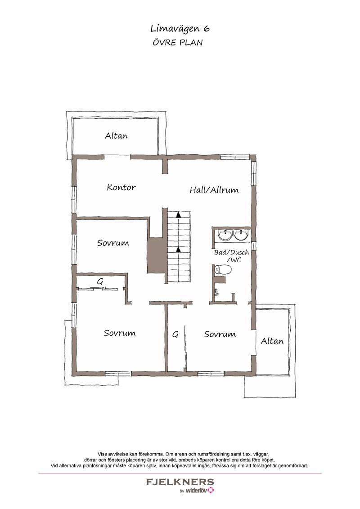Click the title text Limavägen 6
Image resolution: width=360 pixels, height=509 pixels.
coord(180,29)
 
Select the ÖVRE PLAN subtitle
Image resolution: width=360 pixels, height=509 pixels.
coord(177,42)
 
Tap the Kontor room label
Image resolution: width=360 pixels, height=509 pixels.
coord(121,188)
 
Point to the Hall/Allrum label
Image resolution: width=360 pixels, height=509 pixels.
coord(214,190)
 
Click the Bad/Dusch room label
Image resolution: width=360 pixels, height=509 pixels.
coord(231,253)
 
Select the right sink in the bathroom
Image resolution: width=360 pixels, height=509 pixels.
coord(242,235)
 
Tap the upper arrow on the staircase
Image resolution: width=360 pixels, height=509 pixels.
coord(178,214)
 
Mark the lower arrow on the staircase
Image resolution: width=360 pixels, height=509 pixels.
coord(178,250)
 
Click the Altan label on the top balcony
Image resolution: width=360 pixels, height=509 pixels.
coord(116,135)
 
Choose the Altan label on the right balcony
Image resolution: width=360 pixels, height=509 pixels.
coord(272,341)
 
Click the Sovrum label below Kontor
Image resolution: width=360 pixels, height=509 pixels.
coord(113,243)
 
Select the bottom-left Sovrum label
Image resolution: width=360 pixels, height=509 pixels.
coord(120,333)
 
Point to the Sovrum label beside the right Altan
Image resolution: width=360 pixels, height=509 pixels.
coord(220,335)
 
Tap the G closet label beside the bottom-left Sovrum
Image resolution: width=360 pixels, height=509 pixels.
coord(100,281)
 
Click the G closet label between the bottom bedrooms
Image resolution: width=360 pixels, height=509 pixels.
coord(175,334)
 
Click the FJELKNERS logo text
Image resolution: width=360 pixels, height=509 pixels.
coord(180,482)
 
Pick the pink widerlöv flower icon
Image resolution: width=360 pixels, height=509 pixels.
coord(211,490)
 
